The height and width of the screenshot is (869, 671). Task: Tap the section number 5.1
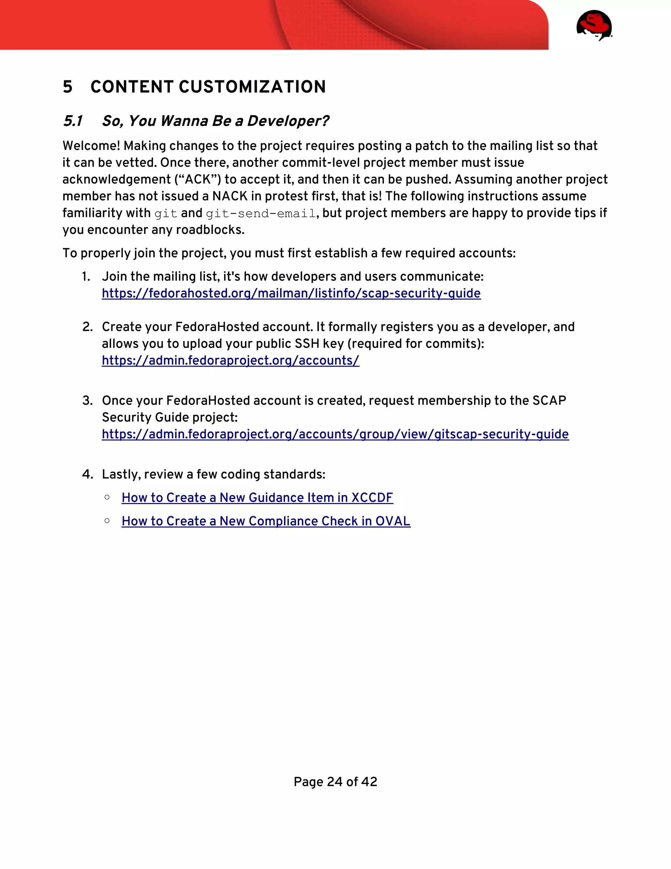coord(73,121)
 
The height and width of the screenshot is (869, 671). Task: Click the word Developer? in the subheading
coord(288,121)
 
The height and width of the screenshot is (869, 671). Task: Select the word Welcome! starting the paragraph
coord(91,146)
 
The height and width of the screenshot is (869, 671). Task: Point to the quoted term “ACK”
coord(198,179)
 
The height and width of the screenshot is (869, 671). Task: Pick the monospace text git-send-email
coord(261,214)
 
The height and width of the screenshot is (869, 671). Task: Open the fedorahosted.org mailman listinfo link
coord(291,293)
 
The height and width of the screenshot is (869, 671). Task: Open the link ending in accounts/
coord(231,360)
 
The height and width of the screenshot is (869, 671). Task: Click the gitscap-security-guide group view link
coord(335,434)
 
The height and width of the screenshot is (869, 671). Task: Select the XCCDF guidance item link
coord(257,498)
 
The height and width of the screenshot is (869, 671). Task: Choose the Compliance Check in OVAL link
coord(266,521)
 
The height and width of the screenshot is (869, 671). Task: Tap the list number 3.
coord(87,401)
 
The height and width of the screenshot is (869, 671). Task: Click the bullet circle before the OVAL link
coord(107,520)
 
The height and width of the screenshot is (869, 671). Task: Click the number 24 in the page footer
coord(335,782)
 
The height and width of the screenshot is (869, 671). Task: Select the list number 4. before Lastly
coord(87,474)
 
